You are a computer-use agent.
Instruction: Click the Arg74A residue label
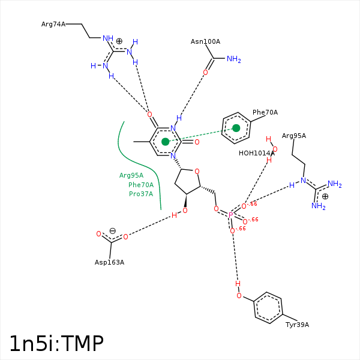[53, 25]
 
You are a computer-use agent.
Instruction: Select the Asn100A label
[205, 41]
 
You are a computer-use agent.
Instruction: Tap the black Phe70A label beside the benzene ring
[265, 112]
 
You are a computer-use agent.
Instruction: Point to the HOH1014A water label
[256, 153]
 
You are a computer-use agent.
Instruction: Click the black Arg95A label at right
[294, 136]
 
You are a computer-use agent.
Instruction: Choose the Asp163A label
[109, 262]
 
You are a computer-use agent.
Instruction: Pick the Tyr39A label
[297, 325]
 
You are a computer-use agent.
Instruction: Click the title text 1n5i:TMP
[56, 343]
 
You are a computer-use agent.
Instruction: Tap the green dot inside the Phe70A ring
[236, 128]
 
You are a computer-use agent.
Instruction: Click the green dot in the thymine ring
[165, 142]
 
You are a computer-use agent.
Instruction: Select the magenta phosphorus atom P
[230, 215]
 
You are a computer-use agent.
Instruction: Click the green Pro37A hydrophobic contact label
[141, 194]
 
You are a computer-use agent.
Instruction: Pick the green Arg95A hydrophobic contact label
[131, 175]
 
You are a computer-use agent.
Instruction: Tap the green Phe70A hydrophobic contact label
[141, 185]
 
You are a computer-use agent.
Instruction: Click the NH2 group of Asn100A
[233, 59]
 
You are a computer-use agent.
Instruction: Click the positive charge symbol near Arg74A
[119, 41]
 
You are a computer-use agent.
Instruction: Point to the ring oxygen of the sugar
[197, 172]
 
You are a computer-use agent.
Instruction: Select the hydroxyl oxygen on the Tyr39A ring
[239, 296]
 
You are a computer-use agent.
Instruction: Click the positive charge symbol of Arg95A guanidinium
[325, 196]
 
